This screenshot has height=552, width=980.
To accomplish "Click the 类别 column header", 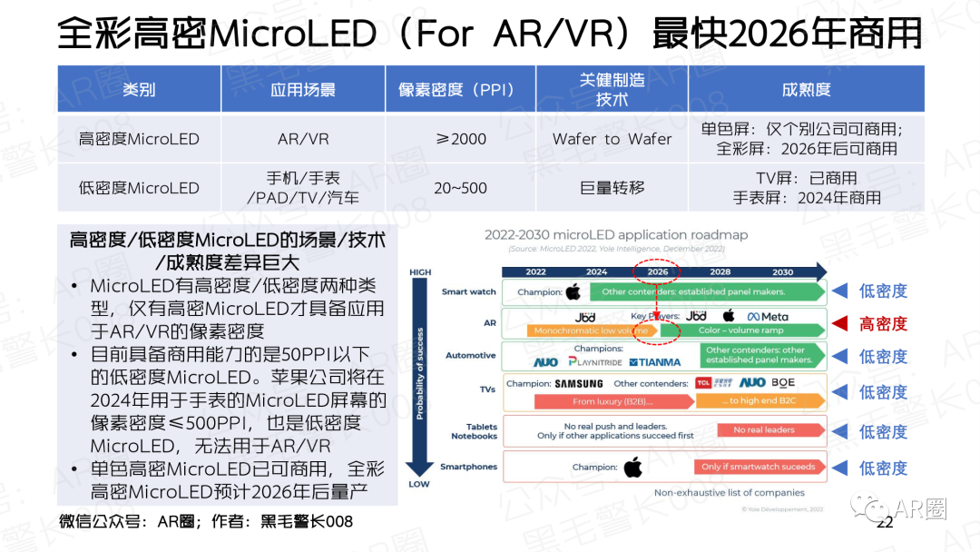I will [139, 89].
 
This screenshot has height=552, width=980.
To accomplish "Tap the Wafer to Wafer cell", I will [612, 139].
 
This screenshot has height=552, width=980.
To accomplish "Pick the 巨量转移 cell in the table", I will [612, 188].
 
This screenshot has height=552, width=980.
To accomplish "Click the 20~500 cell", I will [460, 188].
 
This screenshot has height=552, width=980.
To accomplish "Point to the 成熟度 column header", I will [806, 89].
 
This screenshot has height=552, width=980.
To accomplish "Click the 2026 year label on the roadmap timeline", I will [657, 271].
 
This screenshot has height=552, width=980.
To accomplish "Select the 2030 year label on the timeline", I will [782, 271].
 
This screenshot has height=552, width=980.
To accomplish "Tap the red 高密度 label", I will [883, 323].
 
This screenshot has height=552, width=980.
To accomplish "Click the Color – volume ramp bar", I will [740, 331].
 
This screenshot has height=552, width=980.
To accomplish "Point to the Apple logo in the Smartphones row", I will [632, 468].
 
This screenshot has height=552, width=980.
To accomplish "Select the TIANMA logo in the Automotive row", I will [654, 362].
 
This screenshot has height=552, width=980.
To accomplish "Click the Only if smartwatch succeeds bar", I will [759, 467].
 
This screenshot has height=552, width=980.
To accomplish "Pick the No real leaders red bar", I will [763, 430].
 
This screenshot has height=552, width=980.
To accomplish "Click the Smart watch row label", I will [469, 292].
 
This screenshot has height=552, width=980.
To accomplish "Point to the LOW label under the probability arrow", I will [419, 484].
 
